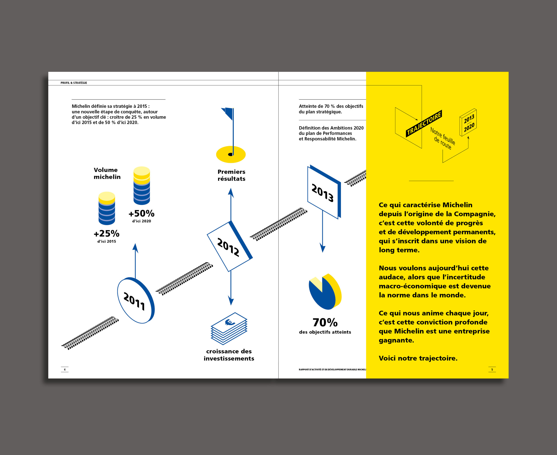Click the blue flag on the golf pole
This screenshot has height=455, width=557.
click(x=228, y=113)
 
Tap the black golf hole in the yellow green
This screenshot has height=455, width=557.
click(x=231, y=154)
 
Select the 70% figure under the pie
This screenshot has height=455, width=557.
click(x=325, y=322)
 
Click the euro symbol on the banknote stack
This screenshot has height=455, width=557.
click(x=230, y=322)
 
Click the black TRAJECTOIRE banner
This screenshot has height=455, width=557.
click(x=424, y=123)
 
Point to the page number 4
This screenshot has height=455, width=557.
click(x=65, y=369)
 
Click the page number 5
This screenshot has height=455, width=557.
click(x=492, y=369)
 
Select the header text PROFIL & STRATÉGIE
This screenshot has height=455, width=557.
click(x=74, y=83)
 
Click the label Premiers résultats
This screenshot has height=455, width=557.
click(x=231, y=175)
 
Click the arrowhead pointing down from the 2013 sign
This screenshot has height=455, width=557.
click(x=323, y=248)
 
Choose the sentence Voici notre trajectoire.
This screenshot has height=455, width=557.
click(x=418, y=358)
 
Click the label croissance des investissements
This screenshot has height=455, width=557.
click(x=229, y=355)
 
